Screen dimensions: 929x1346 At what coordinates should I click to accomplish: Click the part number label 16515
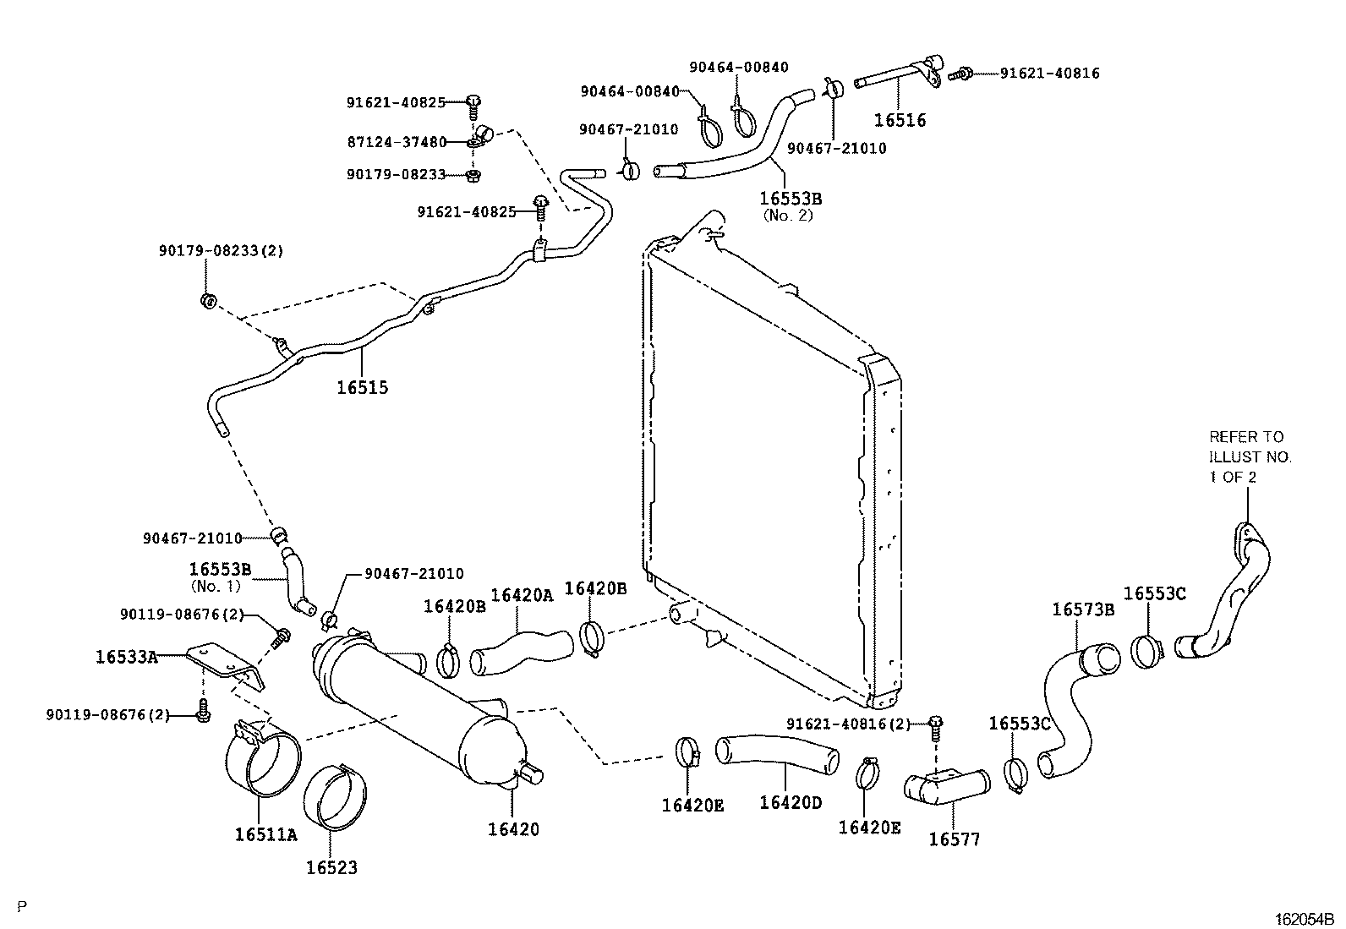click(x=362, y=388)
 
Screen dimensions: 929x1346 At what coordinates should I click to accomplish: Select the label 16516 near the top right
click(x=900, y=120)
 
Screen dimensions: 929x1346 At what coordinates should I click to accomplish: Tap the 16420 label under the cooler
click(x=512, y=829)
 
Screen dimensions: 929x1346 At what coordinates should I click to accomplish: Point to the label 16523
click(x=331, y=867)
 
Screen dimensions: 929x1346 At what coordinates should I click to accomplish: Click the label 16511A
click(x=266, y=835)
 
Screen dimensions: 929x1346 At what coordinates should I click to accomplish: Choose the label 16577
click(x=954, y=839)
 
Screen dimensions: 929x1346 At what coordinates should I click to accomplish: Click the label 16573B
click(x=1083, y=609)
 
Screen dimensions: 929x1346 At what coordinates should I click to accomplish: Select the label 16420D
click(x=790, y=801)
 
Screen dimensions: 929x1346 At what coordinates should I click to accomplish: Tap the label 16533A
click(x=126, y=656)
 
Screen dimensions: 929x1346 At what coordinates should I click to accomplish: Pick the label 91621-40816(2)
click(x=848, y=724)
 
